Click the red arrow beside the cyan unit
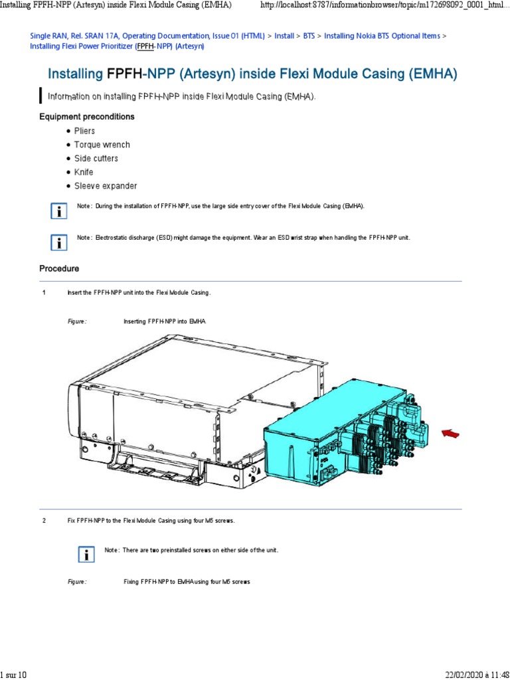click(x=451, y=434)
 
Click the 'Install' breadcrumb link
click(x=284, y=35)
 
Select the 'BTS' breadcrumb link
click(x=309, y=35)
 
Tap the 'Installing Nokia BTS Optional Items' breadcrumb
click(x=382, y=35)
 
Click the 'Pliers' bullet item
click(x=84, y=131)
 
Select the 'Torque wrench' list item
click(x=102, y=145)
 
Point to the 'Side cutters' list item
click(x=96, y=159)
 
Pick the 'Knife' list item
click(x=84, y=172)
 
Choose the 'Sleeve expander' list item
click(x=106, y=186)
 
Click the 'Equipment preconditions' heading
click(x=87, y=117)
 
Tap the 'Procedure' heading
click(x=59, y=269)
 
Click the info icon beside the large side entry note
click(x=60, y=211)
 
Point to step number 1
click(x=44, y=293)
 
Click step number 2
click(x=44, y=521)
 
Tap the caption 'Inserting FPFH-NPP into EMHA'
click(x=165, y=321)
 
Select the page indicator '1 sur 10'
click(x=13, y=675)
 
